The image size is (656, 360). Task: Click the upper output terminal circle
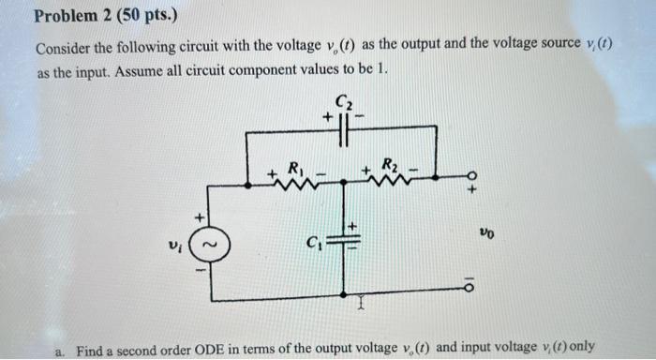pos(472,180)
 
